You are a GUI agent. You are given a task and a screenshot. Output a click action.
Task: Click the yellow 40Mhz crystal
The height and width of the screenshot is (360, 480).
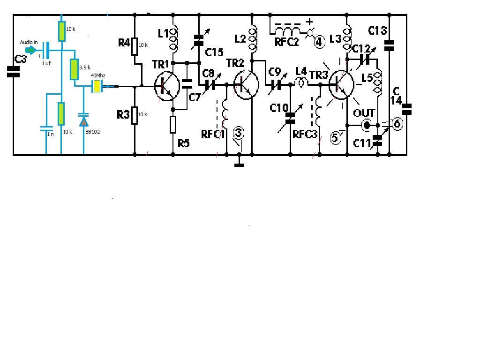coord(97,86)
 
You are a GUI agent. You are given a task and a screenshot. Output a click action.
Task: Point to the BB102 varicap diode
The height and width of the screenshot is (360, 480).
coord(83,121)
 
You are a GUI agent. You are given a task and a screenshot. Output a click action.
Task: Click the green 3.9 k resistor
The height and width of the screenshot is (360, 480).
coord(74,69)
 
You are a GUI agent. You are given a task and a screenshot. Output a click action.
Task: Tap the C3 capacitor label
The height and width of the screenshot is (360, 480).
coord(20,59)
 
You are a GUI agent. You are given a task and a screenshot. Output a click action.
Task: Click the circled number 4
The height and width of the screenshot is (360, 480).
coord(319,43)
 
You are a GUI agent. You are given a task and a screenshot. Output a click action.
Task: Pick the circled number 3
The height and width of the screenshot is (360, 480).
coord(239,133)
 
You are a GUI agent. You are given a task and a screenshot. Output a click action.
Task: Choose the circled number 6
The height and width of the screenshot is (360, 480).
coord(397,124)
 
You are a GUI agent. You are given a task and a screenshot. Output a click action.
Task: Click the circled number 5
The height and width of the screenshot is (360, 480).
coord(335,138)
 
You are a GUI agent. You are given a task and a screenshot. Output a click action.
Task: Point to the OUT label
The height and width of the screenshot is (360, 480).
coord(364,113)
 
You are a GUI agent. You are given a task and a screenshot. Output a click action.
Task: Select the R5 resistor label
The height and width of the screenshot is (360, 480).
coord(184,143)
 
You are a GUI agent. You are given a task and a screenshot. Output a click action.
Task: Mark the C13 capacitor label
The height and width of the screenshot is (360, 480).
coord(377,31)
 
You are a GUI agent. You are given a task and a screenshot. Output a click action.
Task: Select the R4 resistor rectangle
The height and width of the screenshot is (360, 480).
coord(135,46)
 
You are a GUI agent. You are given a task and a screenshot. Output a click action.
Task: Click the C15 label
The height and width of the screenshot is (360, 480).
coord(213,52)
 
